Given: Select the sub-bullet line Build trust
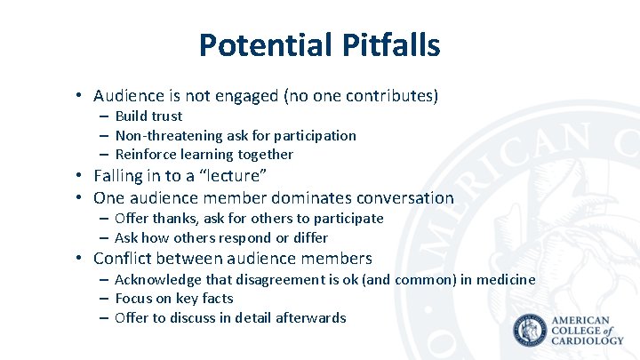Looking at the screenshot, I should click(148, 116).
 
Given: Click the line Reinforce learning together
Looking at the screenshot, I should click(204, 155).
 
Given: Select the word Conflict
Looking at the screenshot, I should click(125, 259).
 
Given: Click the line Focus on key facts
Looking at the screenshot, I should click(173, 299).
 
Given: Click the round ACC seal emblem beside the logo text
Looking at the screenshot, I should click(531, 331).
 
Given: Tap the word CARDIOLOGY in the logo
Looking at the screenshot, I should click(588, 340).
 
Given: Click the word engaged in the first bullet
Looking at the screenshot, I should click(244, 96).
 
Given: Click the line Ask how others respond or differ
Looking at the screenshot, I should click(221, 238).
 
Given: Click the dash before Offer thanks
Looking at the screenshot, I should click(104, 219).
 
